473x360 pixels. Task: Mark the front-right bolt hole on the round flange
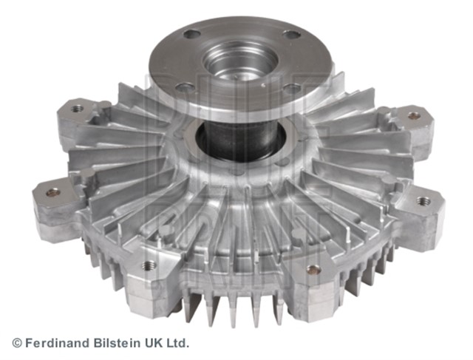pos(294,88)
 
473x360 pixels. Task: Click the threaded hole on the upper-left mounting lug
pos(78,109)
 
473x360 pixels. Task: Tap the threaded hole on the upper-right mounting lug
pos(414,115)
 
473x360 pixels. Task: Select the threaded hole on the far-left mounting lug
pos(52,192)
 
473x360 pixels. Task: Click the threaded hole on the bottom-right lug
pos(313,269)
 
